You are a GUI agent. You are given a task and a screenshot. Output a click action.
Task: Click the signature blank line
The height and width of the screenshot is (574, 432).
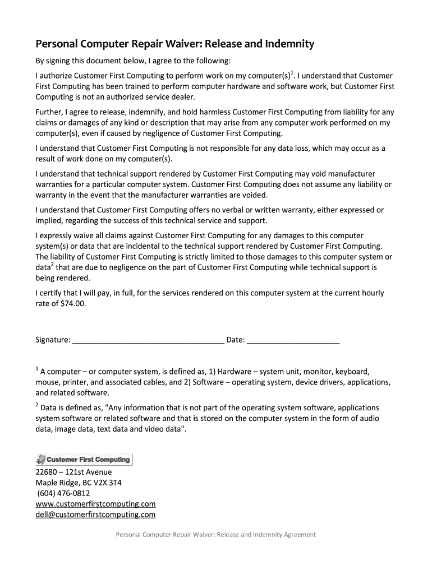pyautogui.click(x=148, y=340)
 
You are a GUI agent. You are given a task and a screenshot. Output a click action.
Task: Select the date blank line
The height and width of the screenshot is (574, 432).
pyautogui.click(x=293, y=340)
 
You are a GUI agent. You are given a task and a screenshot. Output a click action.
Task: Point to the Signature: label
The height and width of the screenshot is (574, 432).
pyautogui.click(x=53, y=340)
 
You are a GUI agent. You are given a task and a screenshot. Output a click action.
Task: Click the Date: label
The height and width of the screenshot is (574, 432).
pyautogui.click(x=235, y=340)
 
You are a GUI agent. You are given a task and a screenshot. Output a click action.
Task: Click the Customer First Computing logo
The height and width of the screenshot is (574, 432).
pyautogui.click(x=84, y=460)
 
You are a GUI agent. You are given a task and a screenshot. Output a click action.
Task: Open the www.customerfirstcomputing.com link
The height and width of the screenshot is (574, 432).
pyautogui.click(x=95, y=504)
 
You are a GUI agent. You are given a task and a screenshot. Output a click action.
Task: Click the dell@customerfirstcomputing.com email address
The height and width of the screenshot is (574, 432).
pyautogui.click(x=95, y=515)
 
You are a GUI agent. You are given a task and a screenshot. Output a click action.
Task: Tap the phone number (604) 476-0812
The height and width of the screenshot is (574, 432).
pyautogui.click(x=63, y=493)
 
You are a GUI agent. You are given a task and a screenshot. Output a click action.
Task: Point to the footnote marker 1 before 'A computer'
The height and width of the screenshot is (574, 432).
pyautogui.click(x=37, y=369)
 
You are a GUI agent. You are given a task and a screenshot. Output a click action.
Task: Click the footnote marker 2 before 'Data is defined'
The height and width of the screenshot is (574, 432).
pyautogui.click(x=37, y=405)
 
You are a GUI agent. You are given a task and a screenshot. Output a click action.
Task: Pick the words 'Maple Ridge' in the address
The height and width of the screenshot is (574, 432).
pyautogui.click(x=57, y=483)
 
